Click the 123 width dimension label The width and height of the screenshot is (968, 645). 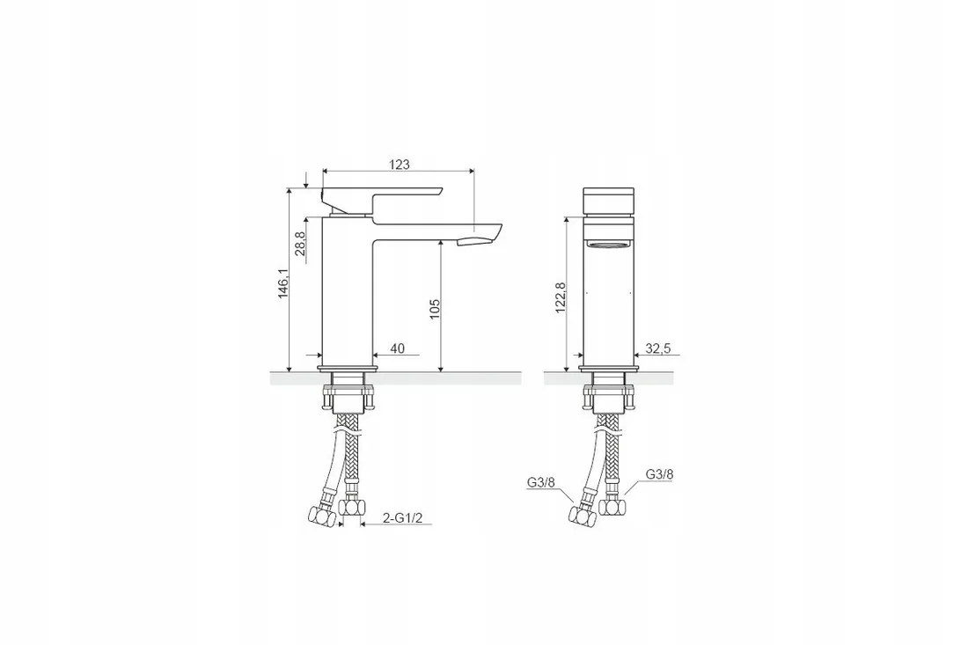pos(399,165)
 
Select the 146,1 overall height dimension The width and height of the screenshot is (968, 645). pos(282,283)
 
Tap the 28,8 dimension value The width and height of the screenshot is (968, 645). pos(300,243)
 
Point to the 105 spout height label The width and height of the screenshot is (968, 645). pos(434,309)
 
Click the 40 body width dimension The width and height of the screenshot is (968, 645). pos(398,348)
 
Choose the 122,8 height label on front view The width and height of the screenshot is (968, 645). pos(560,298)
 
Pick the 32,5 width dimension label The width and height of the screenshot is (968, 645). pos(658,348)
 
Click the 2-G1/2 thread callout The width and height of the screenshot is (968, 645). pos(402,518)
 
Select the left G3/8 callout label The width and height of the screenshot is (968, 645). pos(540,483)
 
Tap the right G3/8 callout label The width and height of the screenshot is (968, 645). pos(659,474)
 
